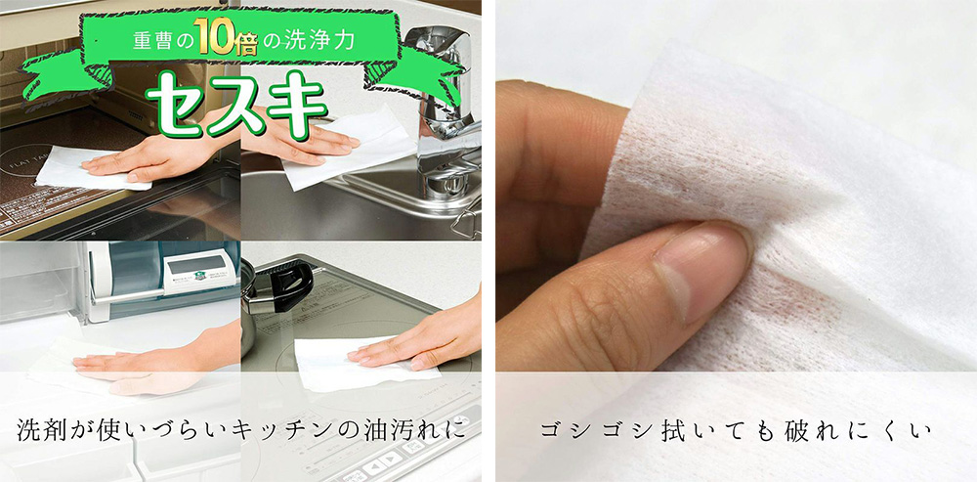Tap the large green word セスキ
[x=237, y=104]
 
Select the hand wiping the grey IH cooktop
[x=417, y=340]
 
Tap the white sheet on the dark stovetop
[x=87, y=169]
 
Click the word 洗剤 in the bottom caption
[x=41, y=430]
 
